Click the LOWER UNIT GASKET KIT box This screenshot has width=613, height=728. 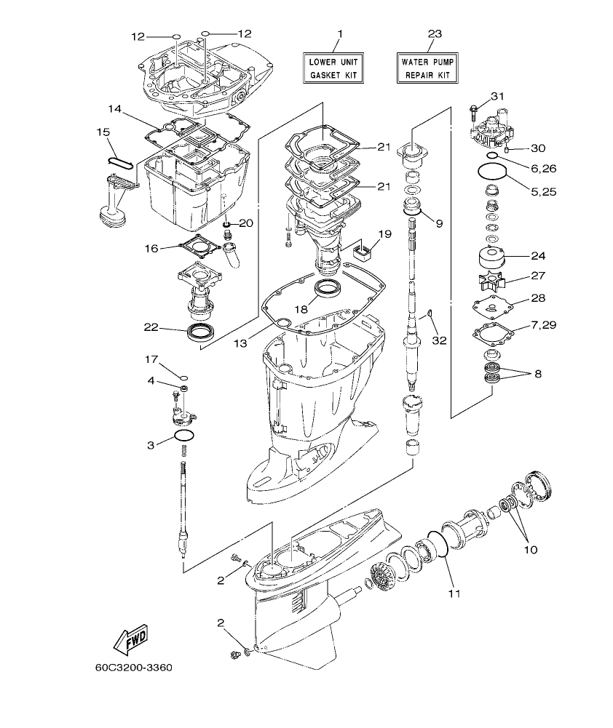click(334, 68)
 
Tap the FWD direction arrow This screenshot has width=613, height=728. click(131, 639)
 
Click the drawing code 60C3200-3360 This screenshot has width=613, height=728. click(133, 666)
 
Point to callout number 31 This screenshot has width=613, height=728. click(497, 97)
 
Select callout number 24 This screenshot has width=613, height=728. click(537, 256)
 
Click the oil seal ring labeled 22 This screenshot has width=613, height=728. click(201, 333)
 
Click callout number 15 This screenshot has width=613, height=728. click(103, 132)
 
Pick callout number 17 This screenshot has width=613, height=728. click(151, 359)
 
